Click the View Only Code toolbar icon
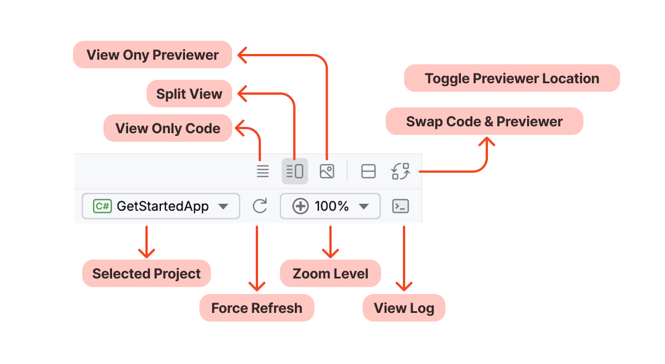(263, 171)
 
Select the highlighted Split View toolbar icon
(295, 171)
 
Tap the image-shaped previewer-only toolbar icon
(327, 171)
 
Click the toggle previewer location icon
(368, 171)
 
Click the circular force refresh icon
(260, 206)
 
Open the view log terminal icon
(400, 206)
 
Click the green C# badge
(102, 206)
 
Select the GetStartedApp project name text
(163, 206)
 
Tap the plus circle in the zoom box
(300, 206)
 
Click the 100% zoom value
(332, 206)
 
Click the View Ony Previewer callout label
(152, 55)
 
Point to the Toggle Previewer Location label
(512, 79)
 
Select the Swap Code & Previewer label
(484, 122)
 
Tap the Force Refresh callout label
(256, 308)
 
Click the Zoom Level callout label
(330, 274)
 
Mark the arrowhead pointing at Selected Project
(147, 253)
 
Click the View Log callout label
(403, 308)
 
